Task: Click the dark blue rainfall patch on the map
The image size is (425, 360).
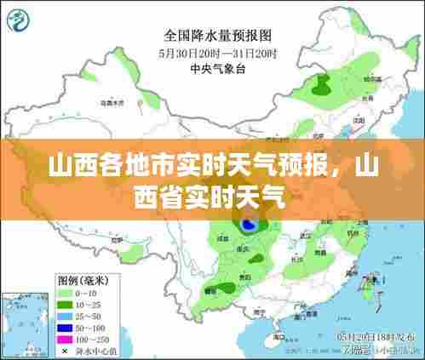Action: (x=248, y=225)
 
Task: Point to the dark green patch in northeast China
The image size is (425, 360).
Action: (x=322, y=84)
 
